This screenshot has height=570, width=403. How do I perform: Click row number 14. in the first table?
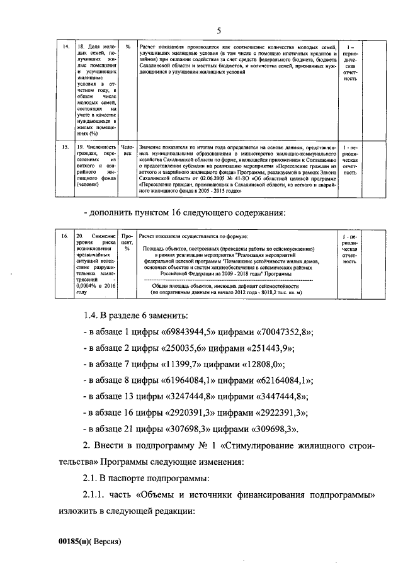[64, 47]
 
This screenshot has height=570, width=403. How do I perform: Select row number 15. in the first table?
[64, 146]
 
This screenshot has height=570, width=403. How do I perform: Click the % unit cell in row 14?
[127, 47]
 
